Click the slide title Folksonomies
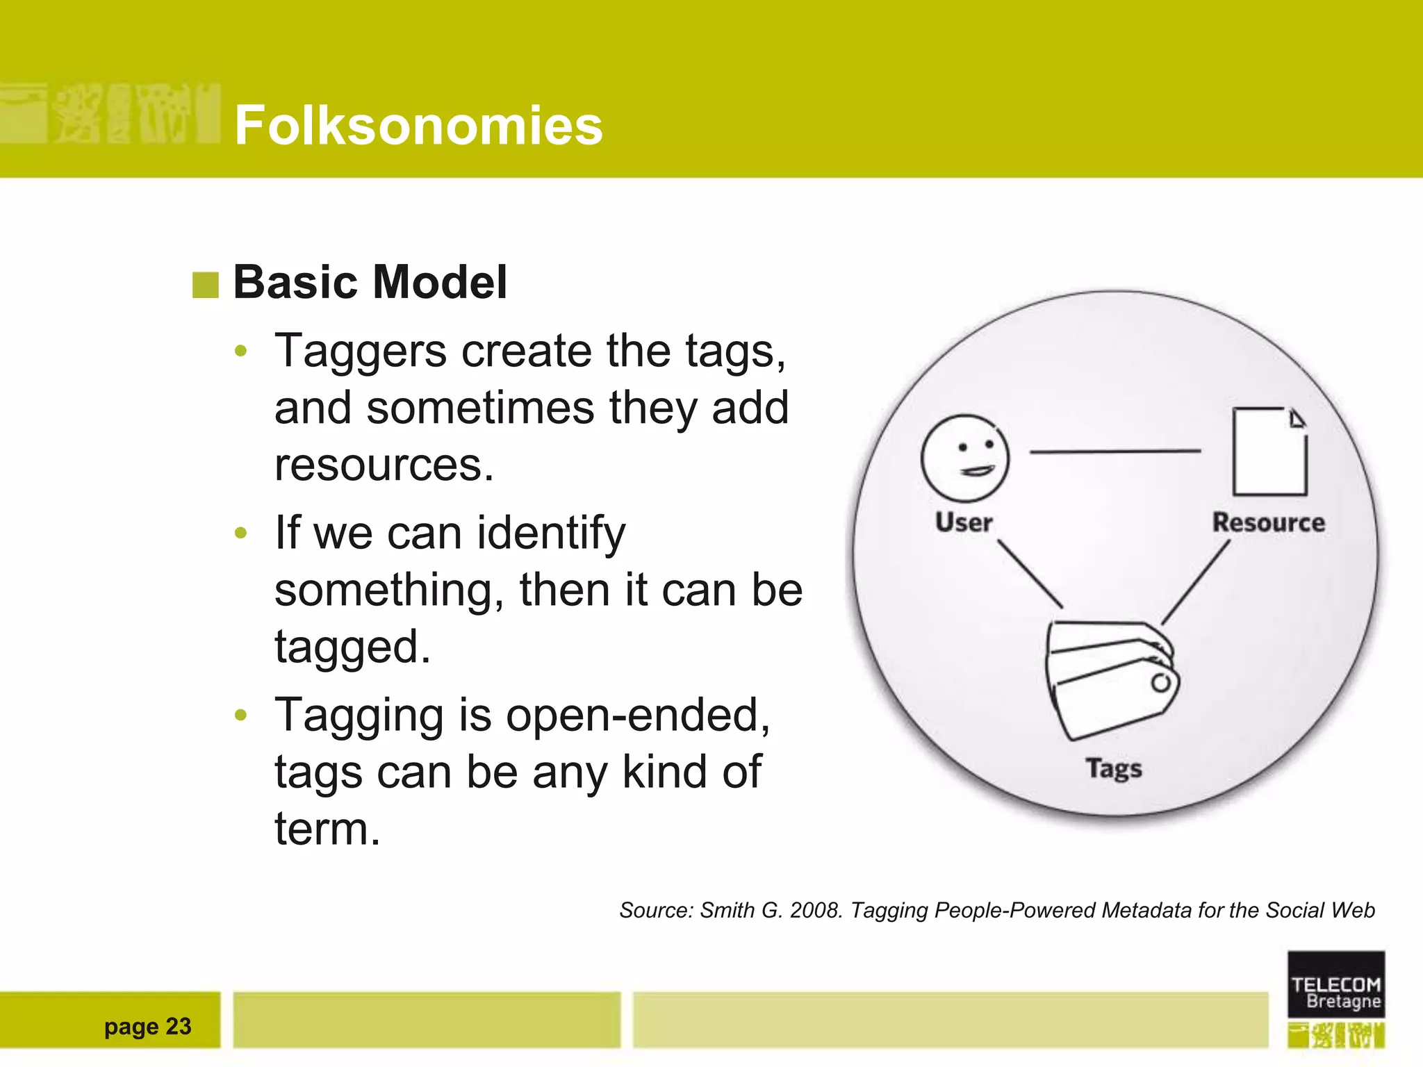tap(418, 125)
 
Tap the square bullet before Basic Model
tap(205, 284)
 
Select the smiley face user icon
tap(964, 458)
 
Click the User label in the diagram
tap(964, 522)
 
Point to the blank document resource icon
tap(1269, 452)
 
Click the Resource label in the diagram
tap(1268, 522)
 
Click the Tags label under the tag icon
tap(1114, 768)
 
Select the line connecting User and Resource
tap(1115, 452)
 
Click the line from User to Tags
tap(1030, 574)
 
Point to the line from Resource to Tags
tap(1196, 581)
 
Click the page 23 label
tap(147, 1026)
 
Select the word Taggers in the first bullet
tap(361, 351)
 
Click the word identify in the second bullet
tap(551, 533)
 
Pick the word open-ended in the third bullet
tap(637, 716)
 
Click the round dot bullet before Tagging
tap(241, 716)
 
